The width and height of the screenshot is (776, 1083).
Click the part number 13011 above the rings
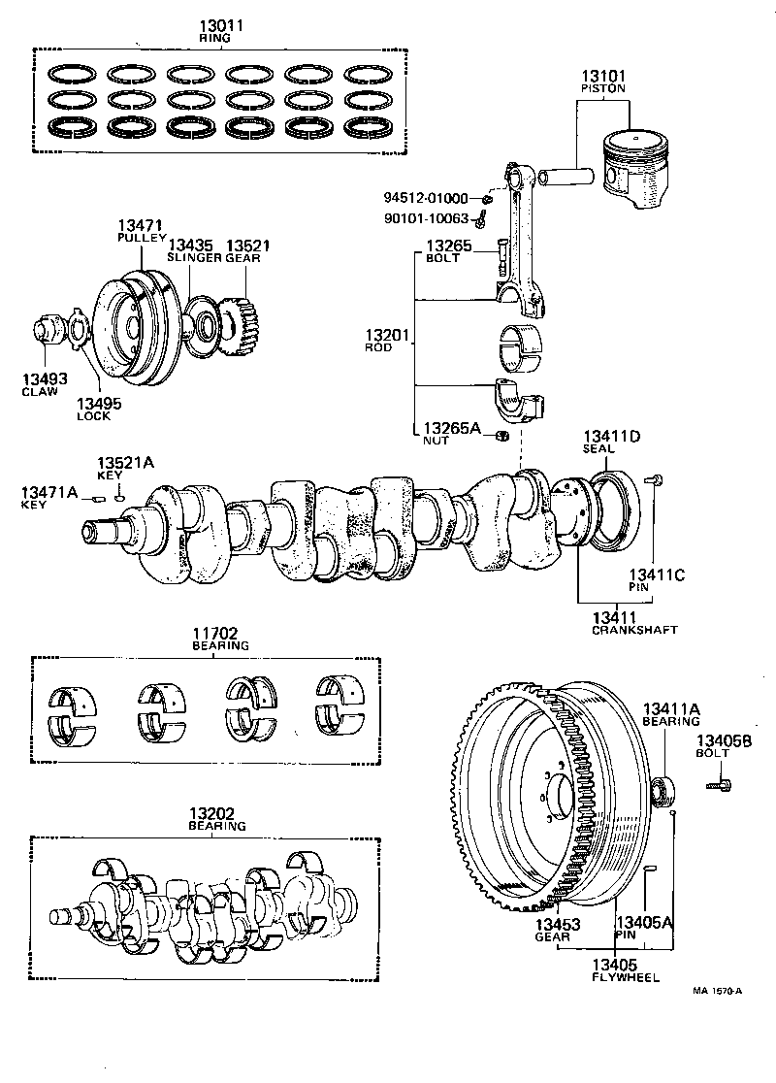pos(214,25)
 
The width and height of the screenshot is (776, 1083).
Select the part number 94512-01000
pos(426,199)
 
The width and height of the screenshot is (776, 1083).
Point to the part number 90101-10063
pos(426,218)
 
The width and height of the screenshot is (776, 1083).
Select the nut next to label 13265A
pos(501,434)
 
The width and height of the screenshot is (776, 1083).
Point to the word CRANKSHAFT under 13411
pos(633,630)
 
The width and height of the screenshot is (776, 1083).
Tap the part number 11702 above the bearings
pos(219,632)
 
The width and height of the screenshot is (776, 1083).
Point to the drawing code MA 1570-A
pos(717,991)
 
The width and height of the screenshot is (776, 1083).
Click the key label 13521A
pos(124,463)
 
